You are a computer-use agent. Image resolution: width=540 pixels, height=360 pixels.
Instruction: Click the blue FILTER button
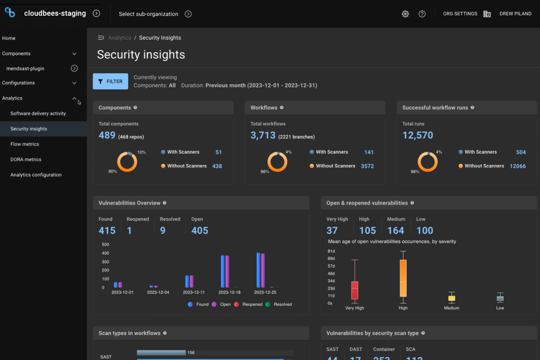click(x=110, y=81)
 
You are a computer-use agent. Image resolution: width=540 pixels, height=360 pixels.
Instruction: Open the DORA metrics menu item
click(x=26, y=159)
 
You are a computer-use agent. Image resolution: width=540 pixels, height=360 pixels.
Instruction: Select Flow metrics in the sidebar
click(x=25, y=144)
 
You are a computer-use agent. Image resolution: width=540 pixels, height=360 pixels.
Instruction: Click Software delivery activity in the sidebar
click(x=38, y=113)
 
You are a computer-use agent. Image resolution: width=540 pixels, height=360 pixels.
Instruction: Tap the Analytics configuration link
click(x=36, y=175)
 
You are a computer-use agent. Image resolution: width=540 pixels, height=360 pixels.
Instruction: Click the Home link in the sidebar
click(x=9, y=38)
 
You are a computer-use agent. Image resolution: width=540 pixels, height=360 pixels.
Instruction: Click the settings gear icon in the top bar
click(x=405, y=14)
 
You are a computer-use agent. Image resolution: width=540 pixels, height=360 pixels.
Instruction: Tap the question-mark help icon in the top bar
click(x=422, y=14)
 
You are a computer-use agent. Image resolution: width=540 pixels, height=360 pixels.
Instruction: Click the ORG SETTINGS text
click(x=460, y=14)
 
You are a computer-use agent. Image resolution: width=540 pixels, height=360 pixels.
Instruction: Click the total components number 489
click(x=107, y=135)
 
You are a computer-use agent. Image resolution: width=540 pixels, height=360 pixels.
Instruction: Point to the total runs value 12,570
click(x=417, y=135)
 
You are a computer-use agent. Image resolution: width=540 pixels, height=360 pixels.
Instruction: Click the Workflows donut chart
click(x=277, y=162)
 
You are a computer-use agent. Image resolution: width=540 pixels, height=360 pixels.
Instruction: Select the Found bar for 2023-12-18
click(x=223, y=271)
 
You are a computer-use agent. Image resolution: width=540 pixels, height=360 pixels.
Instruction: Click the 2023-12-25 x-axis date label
click(x=265, y=292)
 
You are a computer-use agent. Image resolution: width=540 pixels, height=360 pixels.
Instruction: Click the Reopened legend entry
click(x=252, y=304)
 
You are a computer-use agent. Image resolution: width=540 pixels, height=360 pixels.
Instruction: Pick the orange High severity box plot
click(x=403, y=278)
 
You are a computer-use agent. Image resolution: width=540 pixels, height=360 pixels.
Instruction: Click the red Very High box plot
click(x=355, y=290)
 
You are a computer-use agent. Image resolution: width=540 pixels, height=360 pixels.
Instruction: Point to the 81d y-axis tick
click(x=331, y=251)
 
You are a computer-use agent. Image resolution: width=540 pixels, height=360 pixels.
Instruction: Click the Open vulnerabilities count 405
click(x=200, y=231)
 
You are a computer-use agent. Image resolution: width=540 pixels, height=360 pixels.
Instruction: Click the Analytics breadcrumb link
click(x=119, y=38)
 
